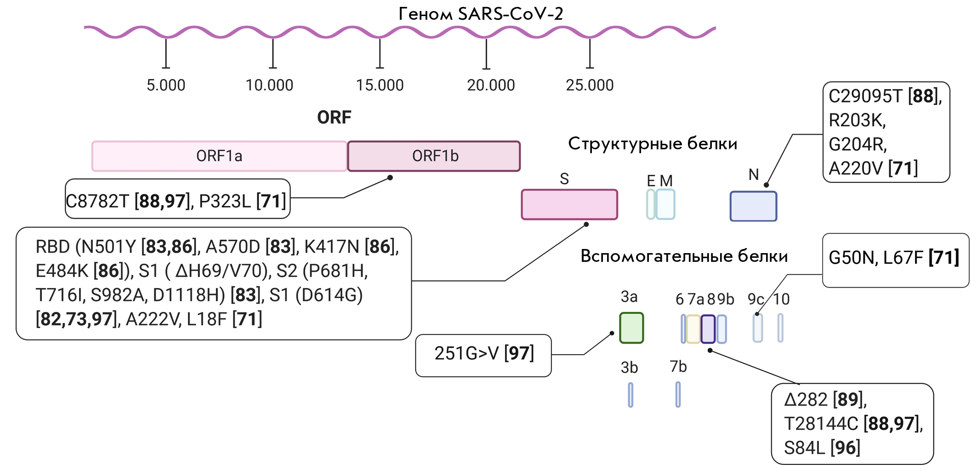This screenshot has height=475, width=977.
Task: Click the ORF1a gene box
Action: tap(219, 156)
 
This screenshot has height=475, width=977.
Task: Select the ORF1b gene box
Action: tap(434, 156)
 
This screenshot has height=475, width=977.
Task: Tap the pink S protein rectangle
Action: tap(569, 204)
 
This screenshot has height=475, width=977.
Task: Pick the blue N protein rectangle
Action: tap(753, 206)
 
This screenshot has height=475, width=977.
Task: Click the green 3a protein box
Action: tap(631, 328)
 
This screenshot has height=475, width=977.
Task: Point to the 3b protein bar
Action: tap(631, 395)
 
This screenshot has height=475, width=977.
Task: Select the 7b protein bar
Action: tap(678, 395)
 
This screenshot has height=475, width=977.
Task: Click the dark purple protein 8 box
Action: tap(708, 329)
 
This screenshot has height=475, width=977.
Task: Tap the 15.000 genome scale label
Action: tap(380, 85)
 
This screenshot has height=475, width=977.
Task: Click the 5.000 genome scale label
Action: tap(166, 85)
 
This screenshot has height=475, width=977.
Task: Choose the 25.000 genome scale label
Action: tap(590, 85)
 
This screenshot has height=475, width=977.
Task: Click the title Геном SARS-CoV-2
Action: tap(481, 14)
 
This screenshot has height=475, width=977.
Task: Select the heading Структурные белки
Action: tap(653, 144)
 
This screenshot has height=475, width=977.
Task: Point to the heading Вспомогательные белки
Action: tap(684, 256)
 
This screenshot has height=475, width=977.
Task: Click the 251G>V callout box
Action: tap(483, 356)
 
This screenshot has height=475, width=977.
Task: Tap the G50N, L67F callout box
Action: tap(896, 260)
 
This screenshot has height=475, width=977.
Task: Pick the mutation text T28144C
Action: tap(821, 424)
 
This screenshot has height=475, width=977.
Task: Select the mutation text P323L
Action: tap(225, 201)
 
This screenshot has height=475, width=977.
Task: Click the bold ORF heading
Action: tap(334, 118)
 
